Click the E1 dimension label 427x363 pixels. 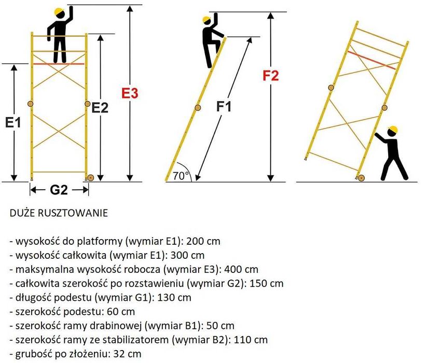(x=13, y=123)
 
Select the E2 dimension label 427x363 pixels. (x=100, y=108)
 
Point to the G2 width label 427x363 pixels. (x=59, y=190)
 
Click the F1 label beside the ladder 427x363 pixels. (x=224, y=107)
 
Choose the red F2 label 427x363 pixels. (x=270, y=76)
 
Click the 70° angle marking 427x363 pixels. (x=181, y=176)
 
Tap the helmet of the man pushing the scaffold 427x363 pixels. (x=393, y=129)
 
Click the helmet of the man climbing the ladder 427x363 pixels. (x=206, y=20)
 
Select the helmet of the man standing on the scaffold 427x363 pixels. (x=60, y=11)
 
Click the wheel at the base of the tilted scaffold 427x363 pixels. (x=361, y=178)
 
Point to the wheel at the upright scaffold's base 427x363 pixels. (x=90, y=178)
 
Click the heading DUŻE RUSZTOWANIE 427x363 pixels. (x=59, y=213)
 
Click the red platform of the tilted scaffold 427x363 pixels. (x=373, y=60)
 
